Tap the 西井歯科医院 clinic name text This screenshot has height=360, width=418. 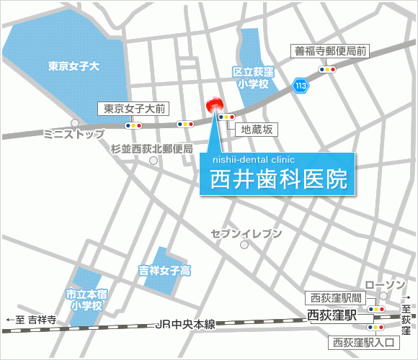278,179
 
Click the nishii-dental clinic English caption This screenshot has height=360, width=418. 254,161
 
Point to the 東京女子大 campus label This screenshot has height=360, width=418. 74,66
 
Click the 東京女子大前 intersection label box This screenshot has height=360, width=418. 133,109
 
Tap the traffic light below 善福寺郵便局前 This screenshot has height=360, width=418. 327,70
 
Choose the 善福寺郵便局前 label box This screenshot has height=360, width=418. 331,51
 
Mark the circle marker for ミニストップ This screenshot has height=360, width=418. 74,123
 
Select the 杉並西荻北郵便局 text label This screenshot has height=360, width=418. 152,149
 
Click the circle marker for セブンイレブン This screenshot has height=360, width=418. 245,245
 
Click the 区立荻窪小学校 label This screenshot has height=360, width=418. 250,78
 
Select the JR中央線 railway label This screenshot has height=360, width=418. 186,325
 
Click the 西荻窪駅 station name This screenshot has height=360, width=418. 332,315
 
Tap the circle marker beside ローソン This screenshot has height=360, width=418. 384,296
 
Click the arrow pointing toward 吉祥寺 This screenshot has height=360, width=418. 9,320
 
